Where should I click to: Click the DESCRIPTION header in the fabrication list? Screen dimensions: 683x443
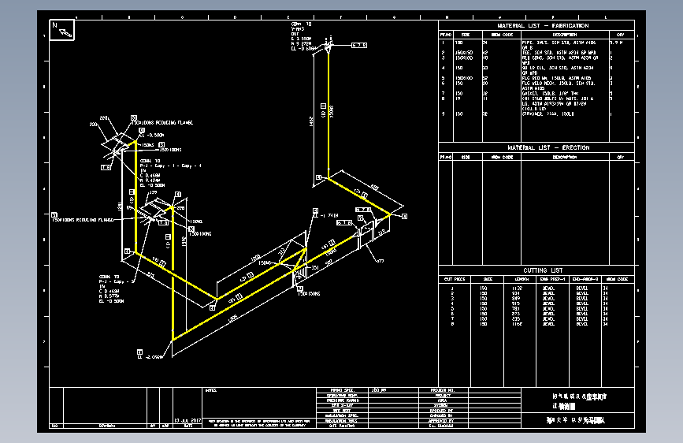[x=563, y=35]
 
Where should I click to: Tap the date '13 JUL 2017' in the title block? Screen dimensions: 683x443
[x=188, y=421]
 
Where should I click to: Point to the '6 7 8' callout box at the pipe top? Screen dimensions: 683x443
[x=358, y=45]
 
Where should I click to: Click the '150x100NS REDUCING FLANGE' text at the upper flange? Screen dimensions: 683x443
[x=161, y=123]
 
